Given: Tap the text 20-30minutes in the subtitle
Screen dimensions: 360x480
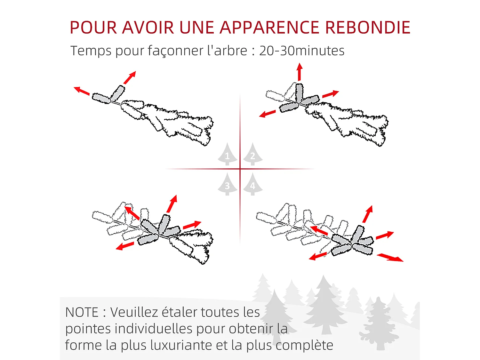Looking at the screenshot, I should coord(301,51).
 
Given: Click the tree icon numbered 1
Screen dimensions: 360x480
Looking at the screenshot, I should coord(227,155).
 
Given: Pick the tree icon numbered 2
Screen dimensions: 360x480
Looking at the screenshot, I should coord(252,155).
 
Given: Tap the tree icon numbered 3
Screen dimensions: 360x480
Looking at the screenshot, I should coord(227,185).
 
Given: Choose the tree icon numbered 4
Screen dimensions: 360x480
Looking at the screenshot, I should coord(252,185).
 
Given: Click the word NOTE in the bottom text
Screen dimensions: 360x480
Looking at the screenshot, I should coord(82,312).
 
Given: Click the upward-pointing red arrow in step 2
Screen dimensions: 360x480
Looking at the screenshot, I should coord(300,72).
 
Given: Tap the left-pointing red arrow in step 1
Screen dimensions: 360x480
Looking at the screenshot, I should coord(82,91).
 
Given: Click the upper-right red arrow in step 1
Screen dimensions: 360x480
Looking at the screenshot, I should coord(130,78).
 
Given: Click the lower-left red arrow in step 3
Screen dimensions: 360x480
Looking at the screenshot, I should coord(125,246).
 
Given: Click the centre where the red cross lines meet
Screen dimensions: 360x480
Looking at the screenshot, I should coord(240,169).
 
